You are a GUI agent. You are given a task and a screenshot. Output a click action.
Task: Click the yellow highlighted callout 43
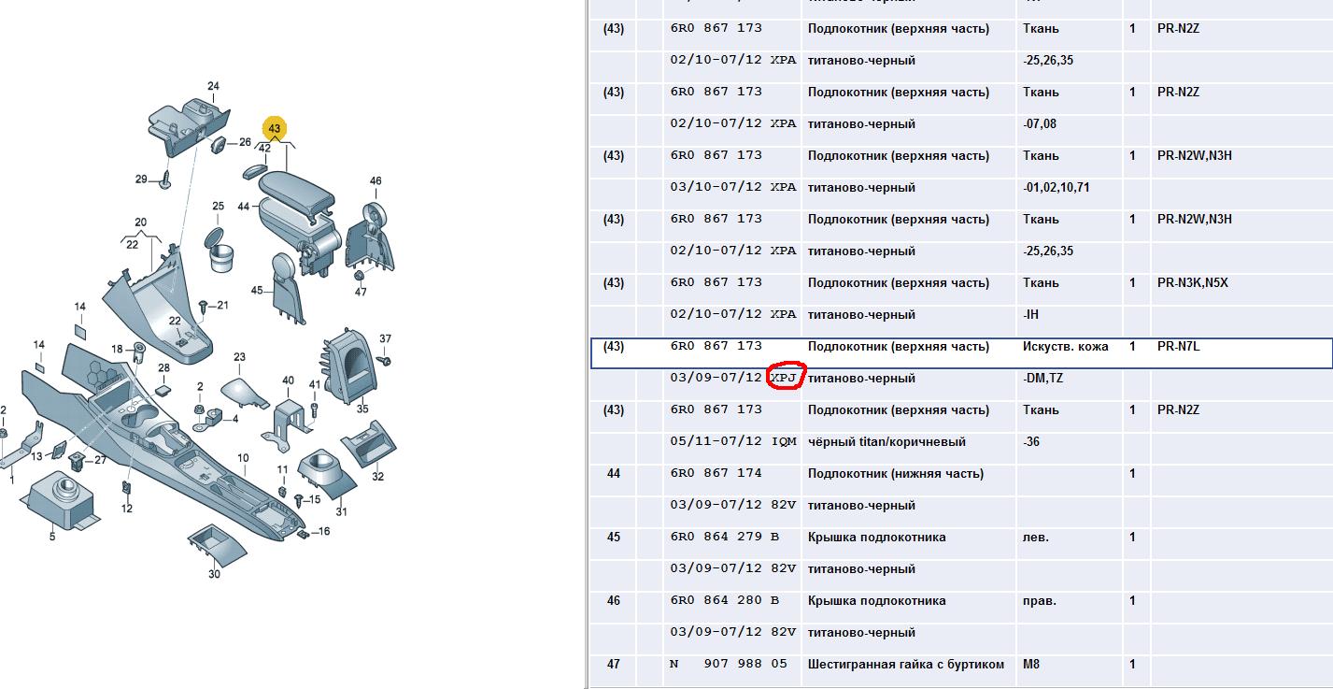275,128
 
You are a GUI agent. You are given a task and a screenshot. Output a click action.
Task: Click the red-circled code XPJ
784,378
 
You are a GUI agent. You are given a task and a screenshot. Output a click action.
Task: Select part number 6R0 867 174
716,473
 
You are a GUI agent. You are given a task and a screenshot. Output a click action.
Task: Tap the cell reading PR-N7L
1178,346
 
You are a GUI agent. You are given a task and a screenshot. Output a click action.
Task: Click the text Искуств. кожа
1065,346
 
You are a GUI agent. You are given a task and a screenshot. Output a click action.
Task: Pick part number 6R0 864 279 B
724,537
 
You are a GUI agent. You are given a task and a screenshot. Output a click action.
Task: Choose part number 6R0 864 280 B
724,600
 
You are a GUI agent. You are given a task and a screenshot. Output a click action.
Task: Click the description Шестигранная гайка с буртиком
906,664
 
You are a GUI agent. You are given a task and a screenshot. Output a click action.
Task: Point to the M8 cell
1030,664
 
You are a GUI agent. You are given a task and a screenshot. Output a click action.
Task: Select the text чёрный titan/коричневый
886,442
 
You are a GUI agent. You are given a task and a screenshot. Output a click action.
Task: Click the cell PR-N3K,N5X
1193,282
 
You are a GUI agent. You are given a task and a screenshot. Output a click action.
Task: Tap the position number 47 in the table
613,664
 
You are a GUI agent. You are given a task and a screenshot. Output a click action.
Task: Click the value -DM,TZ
1042,378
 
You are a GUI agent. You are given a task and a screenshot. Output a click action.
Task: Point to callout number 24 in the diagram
213,86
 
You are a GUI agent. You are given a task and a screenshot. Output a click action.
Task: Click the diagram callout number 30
214,574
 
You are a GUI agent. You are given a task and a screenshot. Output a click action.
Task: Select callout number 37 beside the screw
385,338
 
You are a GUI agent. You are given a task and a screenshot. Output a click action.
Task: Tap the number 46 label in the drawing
376,180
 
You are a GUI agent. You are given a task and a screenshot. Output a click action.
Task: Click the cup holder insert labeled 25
220,251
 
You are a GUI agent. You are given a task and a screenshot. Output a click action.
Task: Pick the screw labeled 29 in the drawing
165,180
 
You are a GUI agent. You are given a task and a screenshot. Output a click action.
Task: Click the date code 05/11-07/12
716,441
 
